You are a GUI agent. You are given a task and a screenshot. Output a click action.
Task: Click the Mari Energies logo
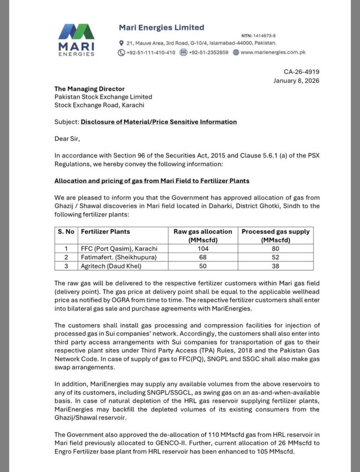pos(77,39)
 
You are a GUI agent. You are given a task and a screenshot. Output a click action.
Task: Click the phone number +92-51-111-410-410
pos(150,52)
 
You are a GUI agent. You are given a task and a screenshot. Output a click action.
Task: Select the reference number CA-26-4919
pos(301,71)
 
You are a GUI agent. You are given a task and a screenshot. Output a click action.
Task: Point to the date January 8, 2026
pos(296,80)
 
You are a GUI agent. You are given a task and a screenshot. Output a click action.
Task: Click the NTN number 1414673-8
pos(264,36)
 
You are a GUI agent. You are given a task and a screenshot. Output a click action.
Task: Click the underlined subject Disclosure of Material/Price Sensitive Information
pos(159,122)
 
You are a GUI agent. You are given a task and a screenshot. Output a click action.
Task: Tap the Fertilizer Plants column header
pos(106,231)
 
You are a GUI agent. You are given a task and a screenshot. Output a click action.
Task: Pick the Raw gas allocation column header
pos(203,235)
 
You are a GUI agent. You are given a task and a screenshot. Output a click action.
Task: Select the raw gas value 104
pos(203,248)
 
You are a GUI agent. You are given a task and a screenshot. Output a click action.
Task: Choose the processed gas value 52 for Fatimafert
pos(276,257)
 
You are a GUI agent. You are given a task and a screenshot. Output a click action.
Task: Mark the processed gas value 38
pos(276,266)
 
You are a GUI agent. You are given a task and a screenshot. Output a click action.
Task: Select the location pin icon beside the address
pos(121,43)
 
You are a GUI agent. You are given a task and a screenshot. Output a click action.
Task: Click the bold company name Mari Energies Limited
pos(161,28)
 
